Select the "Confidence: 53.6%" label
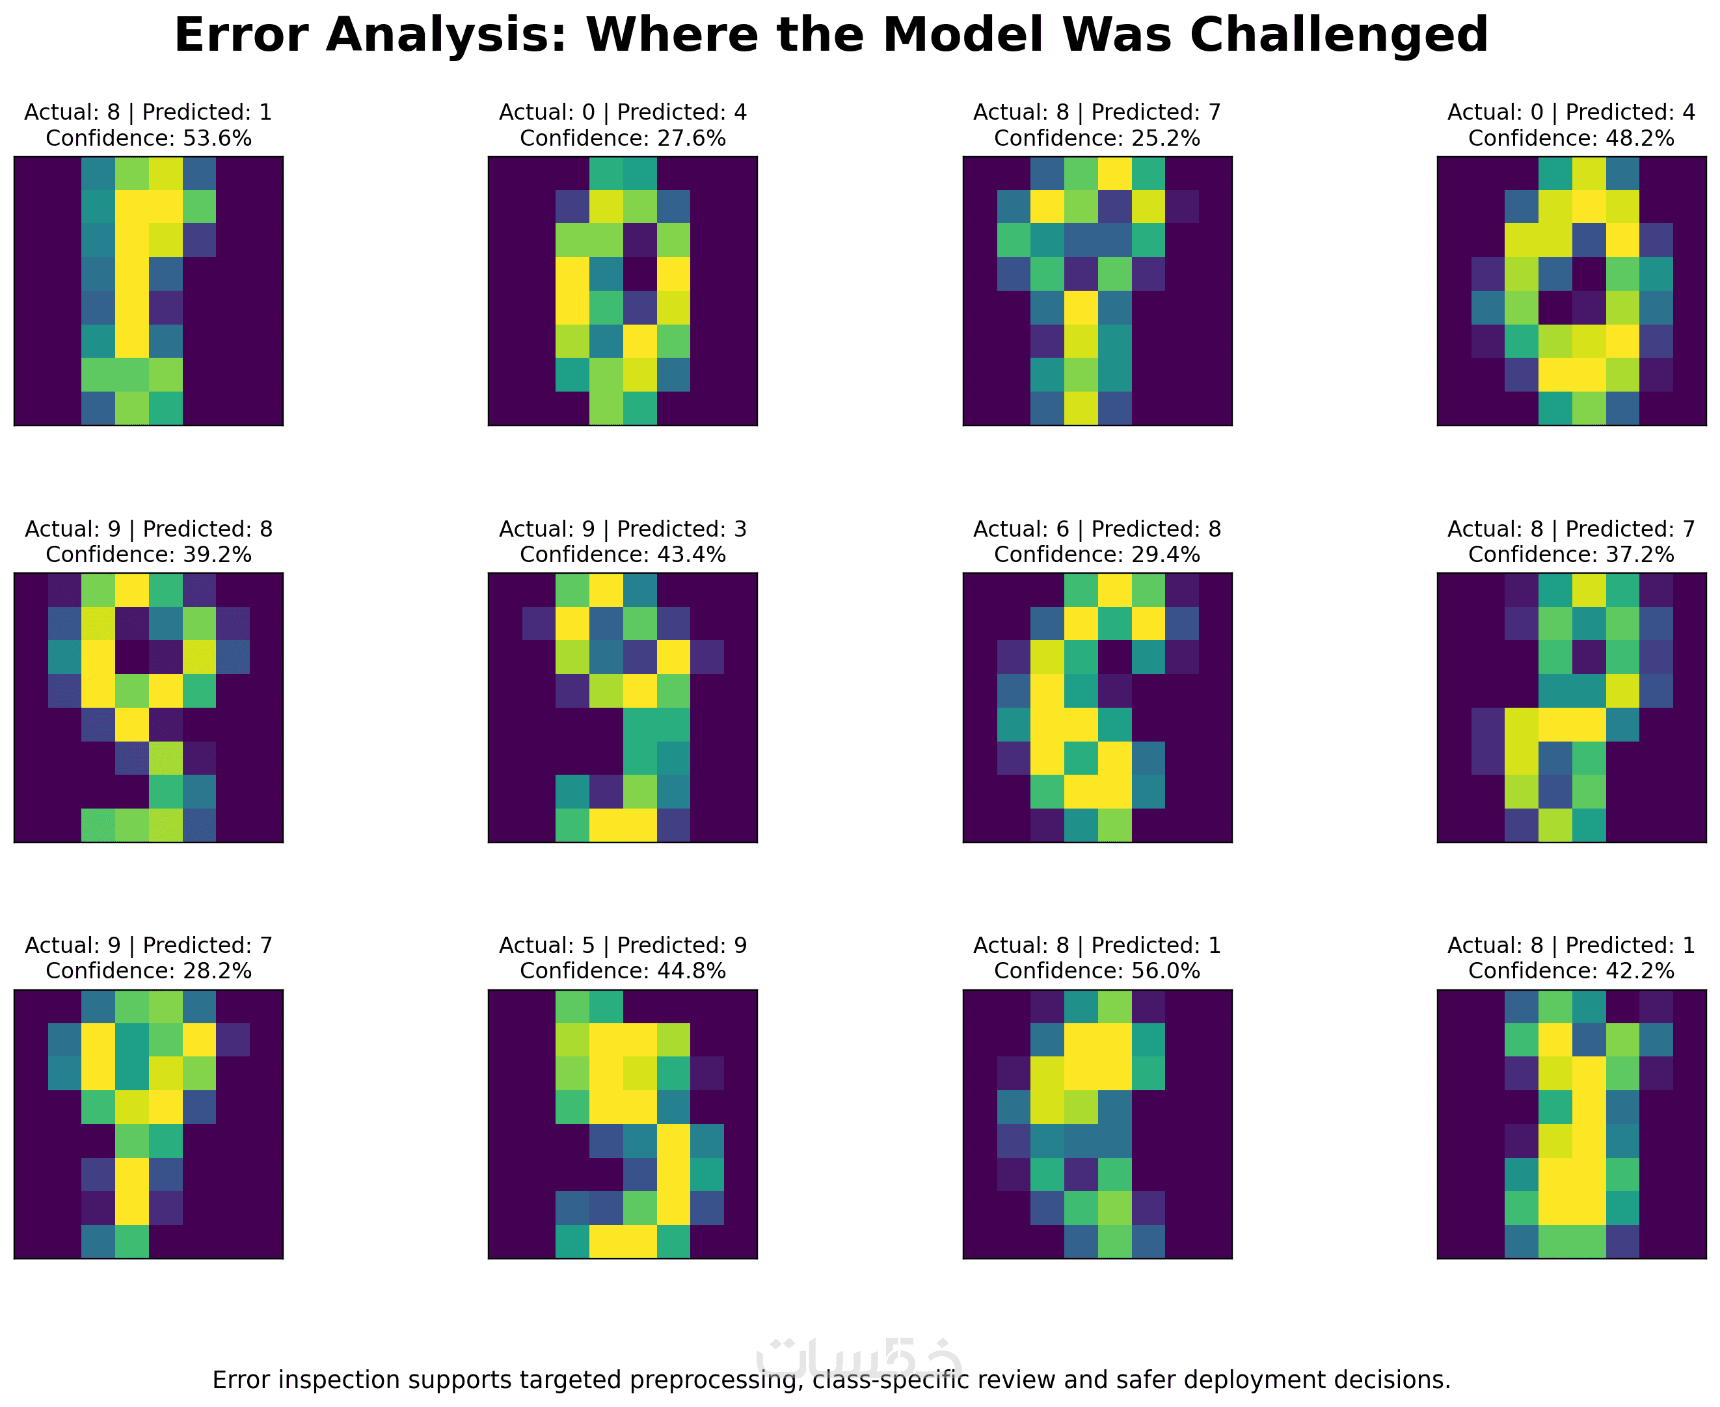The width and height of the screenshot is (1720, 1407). coord(148,139)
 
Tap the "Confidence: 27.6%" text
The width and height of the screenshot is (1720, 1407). coord(623,139)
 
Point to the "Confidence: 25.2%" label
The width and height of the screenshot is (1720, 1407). coord(1097,139)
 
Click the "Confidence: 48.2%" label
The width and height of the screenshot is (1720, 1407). coord(1571,139)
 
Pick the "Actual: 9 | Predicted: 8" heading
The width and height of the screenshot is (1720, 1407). coord(148,529)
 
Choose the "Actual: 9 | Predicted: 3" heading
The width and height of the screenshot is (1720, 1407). coord(623,529)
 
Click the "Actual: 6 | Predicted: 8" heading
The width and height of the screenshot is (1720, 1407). coord(1097,529)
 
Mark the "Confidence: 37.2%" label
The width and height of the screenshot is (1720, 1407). coord(1571,555)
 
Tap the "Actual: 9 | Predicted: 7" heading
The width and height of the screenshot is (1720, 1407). coord(148,946)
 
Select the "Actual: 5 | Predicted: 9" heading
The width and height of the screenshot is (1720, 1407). coord(623,946)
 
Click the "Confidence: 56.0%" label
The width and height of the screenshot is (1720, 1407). coord(1097,972)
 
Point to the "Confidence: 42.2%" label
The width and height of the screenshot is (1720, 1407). coord(1571,972)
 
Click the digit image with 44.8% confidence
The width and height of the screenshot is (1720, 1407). coord(623,1124)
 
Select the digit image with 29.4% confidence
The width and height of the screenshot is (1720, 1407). coord(1097,708)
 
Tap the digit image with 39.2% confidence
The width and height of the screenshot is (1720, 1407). coord(148,708)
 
